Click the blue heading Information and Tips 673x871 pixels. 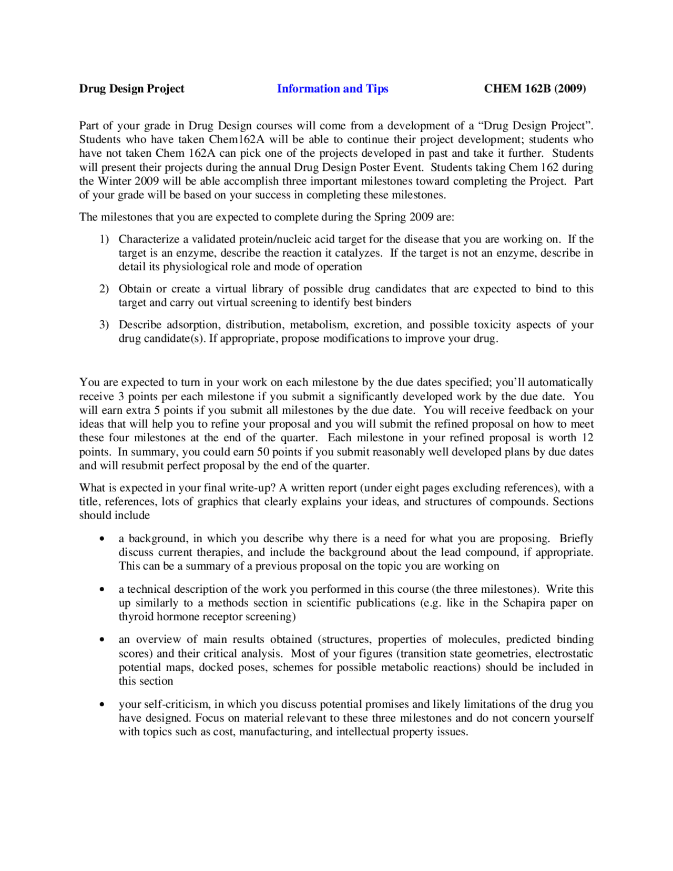(x=332, y=88)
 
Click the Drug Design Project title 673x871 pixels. (x=131, y=88)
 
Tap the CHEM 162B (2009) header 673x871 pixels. (x=535, y=88)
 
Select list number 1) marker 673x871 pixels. (x=104, y=239)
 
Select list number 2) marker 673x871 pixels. (x=104, y=289)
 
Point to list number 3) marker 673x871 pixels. (x=104, y=325)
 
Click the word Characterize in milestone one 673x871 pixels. (x=149, y=239)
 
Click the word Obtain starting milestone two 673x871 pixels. (x=135, y=289)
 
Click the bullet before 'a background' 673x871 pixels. (x=102, y=539)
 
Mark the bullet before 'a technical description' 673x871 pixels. (x=102, y=590)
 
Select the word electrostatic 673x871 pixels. (x=563, y=654)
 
